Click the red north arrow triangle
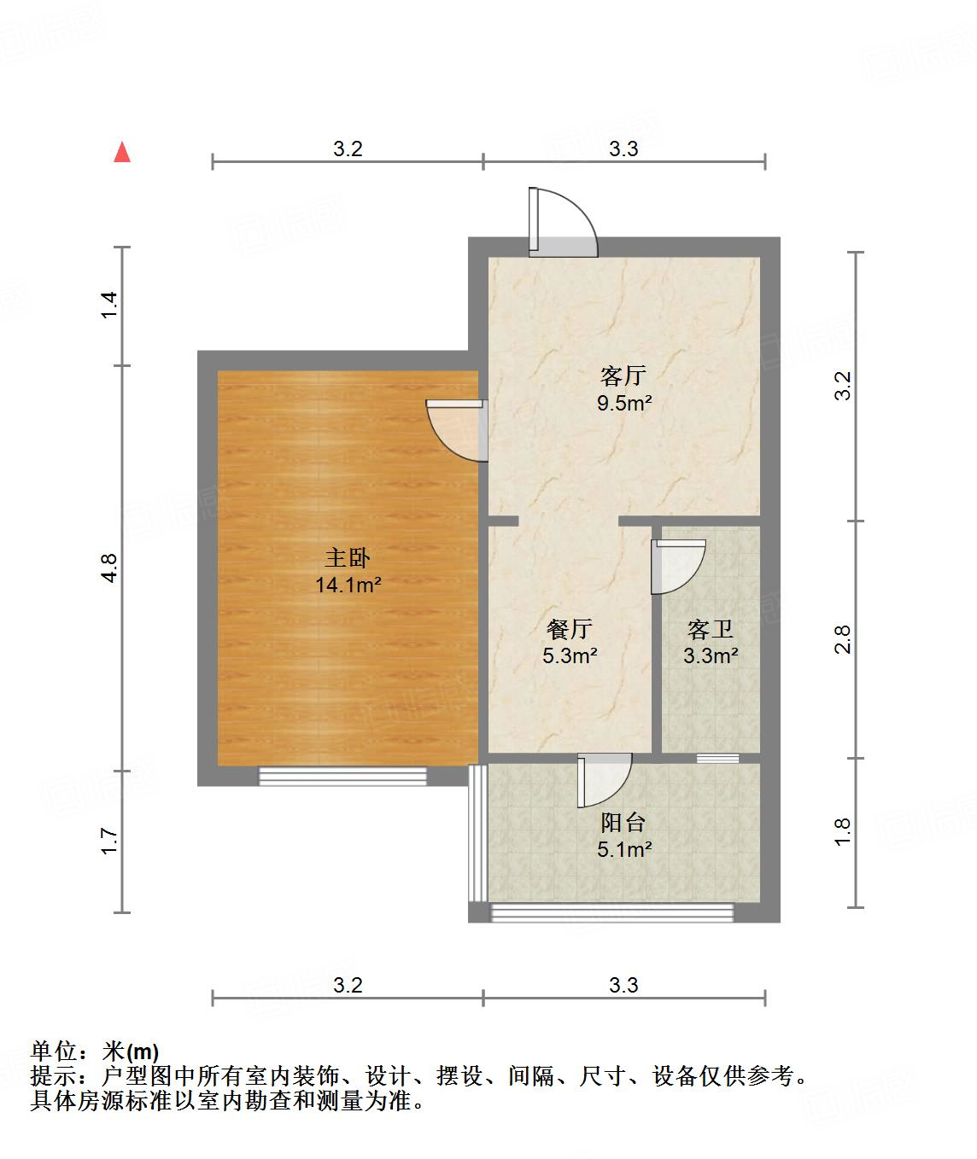(122, 153)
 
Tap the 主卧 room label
(347, 559)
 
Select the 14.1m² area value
(347, 585)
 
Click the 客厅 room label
(623, 376)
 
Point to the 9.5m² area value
(623, 403)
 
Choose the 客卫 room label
(711, 630)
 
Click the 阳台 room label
(623, 823)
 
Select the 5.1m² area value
(623, 849)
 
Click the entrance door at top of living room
(562, 224)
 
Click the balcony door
(603, 779)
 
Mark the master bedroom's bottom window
(342, 776)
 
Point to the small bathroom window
(717, 758)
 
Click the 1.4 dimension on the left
(108, 306)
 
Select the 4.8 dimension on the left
(108, 568)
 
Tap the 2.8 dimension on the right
(843, 639)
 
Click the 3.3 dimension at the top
(623, 149)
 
